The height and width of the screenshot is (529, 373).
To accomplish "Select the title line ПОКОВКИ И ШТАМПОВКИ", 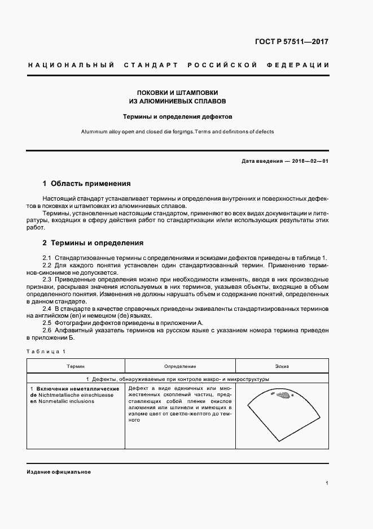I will (178, 92).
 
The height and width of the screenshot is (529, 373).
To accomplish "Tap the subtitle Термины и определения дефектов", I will (178, 117).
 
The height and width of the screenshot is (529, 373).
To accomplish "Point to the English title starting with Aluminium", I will (178, 132).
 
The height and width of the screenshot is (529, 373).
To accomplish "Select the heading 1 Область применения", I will (86, 184).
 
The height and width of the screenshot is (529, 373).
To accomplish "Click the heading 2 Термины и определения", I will (93, 243).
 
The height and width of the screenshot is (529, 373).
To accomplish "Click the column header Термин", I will (76, 367).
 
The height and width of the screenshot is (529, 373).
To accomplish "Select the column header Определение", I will (180, 367).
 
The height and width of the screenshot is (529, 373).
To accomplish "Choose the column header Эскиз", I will (282, 367).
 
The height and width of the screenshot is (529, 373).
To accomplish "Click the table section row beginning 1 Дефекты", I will (177, 379).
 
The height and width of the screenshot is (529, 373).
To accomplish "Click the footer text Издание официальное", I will (59, 472).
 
